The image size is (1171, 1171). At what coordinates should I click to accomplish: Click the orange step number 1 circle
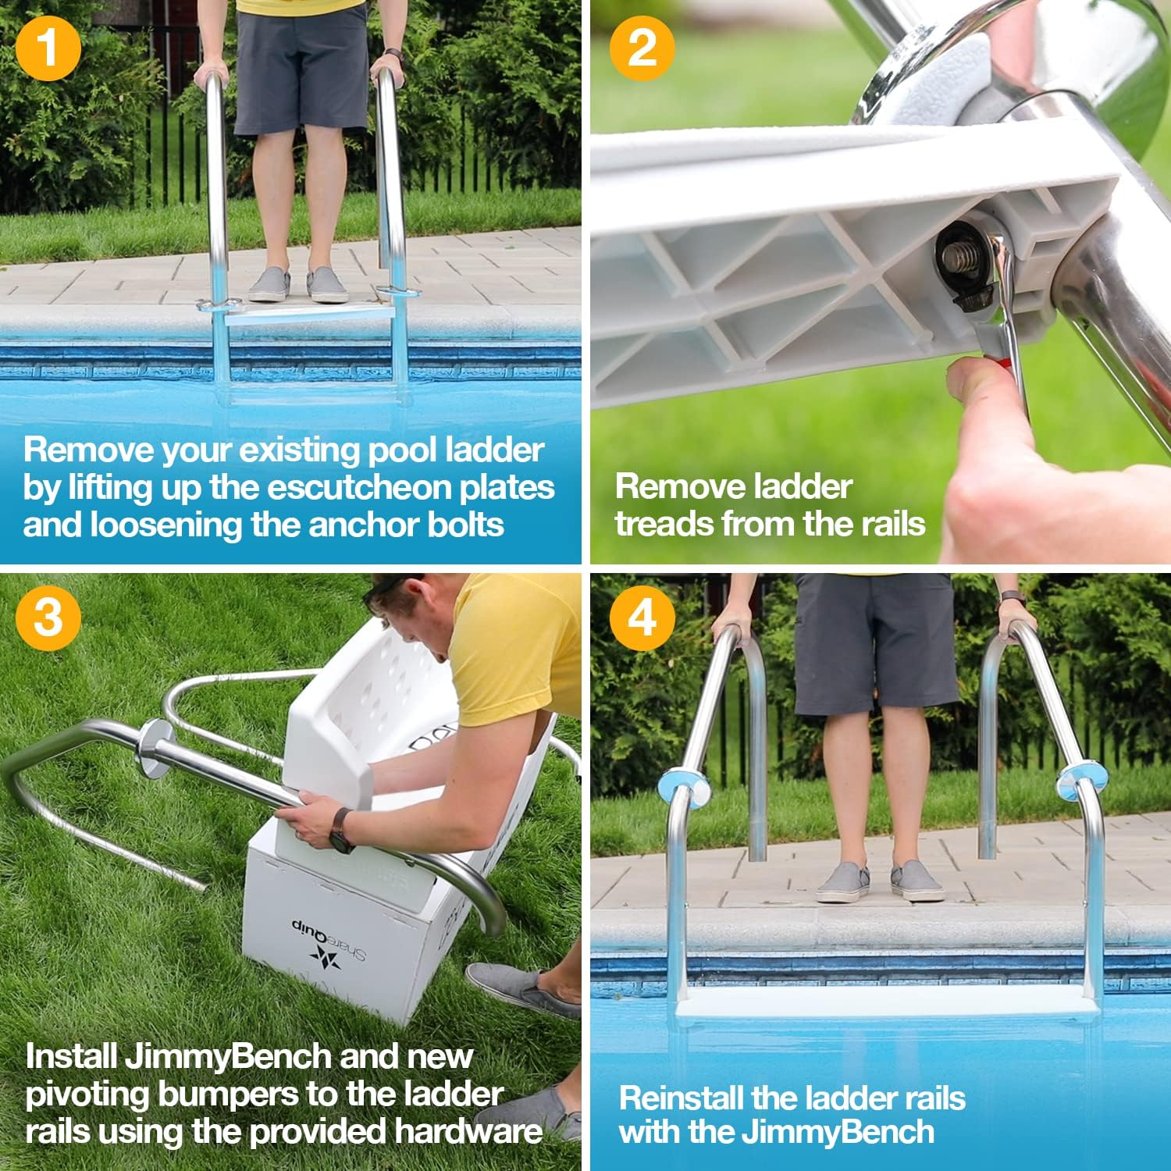48,48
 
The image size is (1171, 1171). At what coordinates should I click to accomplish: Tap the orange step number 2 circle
642,48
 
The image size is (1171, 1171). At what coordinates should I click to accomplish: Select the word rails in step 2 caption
886,523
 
